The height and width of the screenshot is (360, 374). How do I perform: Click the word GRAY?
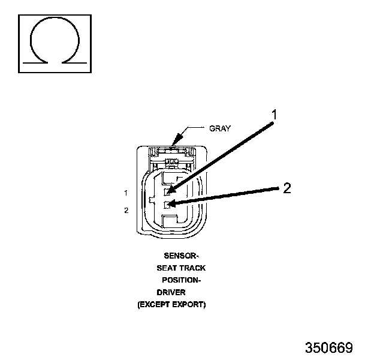220,128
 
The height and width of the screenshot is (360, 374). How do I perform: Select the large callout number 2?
287,188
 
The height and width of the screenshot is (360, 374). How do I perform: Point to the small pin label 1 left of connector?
126,193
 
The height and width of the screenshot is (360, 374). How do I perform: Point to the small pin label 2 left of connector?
126,210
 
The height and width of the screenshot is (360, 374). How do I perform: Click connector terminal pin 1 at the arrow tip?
169,192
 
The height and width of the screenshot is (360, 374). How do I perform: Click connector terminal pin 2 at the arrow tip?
168,205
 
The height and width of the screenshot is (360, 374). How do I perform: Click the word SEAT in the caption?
167,268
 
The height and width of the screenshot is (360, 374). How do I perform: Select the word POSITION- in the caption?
181,280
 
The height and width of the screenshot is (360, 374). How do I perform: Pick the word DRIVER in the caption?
171,292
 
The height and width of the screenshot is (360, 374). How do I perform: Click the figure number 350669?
328,348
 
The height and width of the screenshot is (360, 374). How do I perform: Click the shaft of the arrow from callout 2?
228,196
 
